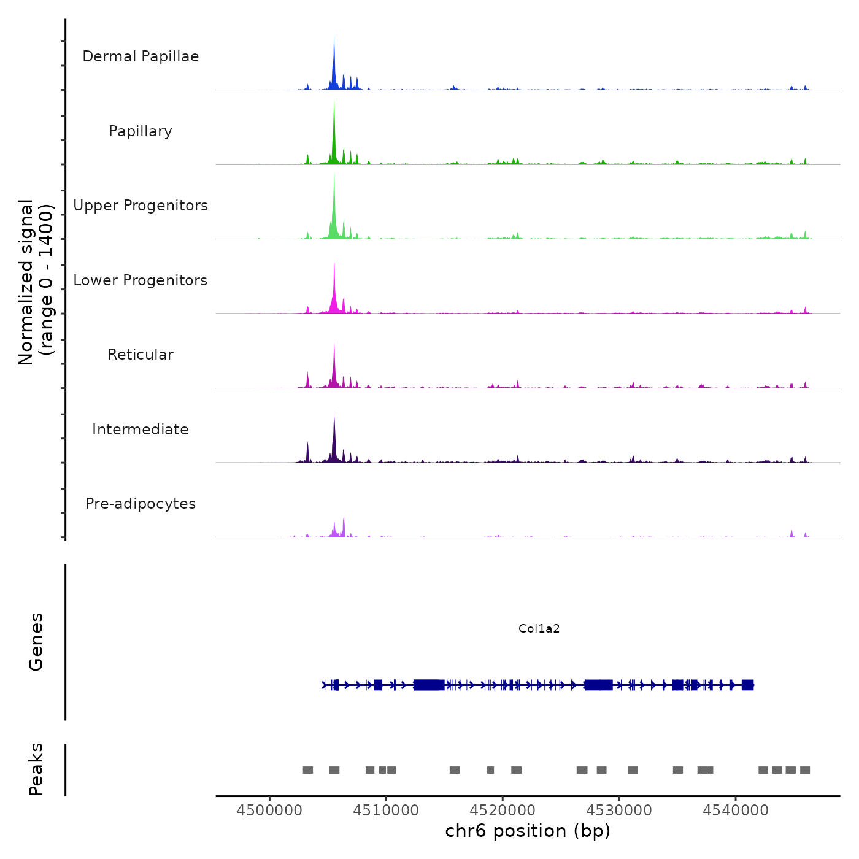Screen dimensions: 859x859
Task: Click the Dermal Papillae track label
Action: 141,56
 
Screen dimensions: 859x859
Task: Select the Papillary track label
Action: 141,131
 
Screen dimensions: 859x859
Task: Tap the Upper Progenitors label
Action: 141,206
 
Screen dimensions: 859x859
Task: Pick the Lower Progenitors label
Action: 141,280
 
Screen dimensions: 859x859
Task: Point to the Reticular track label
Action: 141,355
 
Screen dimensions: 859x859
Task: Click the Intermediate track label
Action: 141,429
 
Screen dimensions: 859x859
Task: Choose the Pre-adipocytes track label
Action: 141,504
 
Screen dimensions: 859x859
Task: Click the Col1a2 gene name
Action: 539,628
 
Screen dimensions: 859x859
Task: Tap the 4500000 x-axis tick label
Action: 269,810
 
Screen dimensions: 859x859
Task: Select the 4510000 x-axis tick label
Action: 386,810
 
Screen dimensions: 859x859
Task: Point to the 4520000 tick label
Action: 503,810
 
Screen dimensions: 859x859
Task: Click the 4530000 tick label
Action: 619,810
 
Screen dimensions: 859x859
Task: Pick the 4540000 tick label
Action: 736,810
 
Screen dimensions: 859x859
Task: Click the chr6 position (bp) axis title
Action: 528,831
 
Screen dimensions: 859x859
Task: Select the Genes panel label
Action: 36,642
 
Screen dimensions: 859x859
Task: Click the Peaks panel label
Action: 36,769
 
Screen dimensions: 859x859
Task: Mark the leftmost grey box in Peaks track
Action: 308,770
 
